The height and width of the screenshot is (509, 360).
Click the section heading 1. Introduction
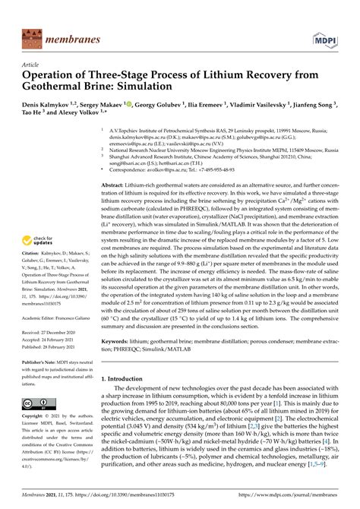point(127,378)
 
